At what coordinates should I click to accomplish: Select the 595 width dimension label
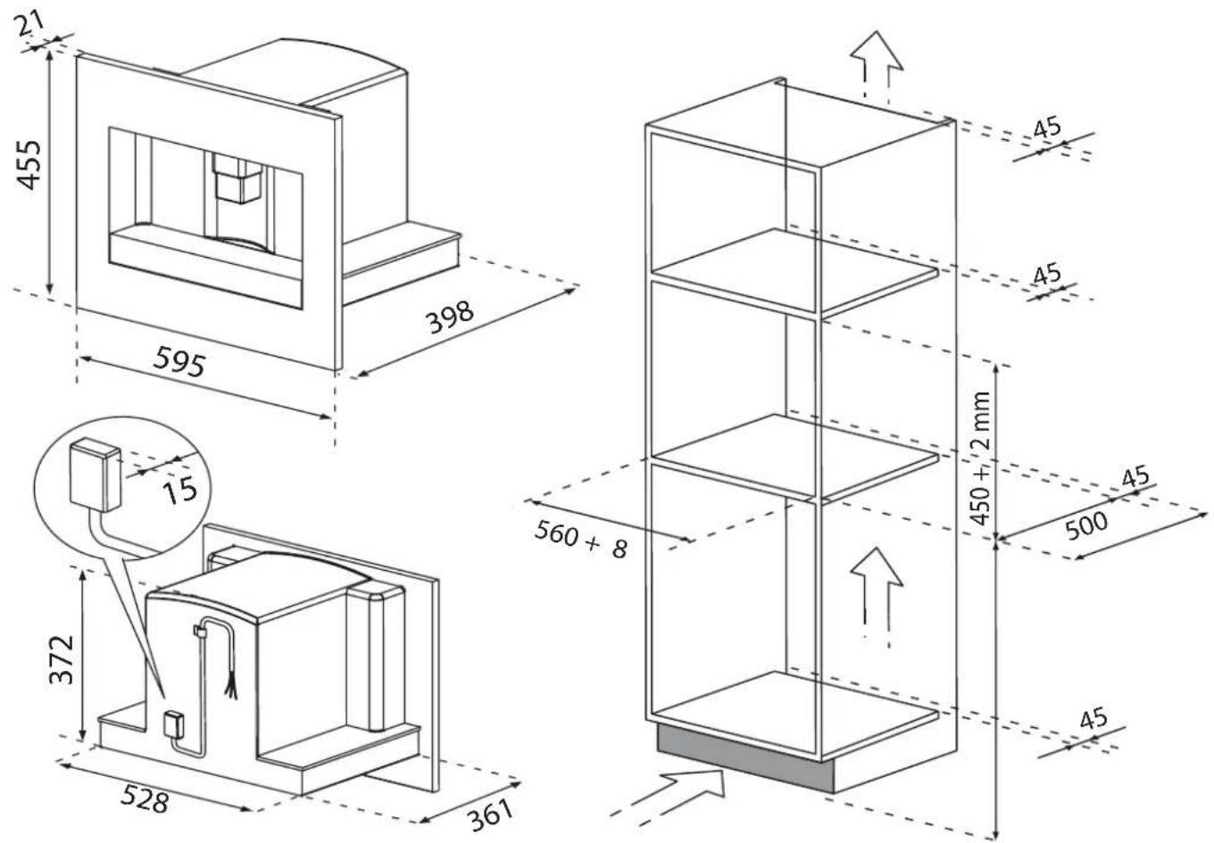[180, 361]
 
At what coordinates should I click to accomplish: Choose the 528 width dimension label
[145, 798]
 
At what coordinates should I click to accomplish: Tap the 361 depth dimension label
[491, 815]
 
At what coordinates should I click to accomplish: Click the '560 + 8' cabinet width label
[581, 539]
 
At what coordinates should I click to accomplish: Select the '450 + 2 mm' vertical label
[980, 459]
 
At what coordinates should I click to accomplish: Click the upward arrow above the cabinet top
[877, 67]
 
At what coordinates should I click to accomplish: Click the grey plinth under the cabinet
[744, 759]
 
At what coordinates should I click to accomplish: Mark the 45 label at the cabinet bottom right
[1093, 719]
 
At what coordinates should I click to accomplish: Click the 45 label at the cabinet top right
[1047, 128]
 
